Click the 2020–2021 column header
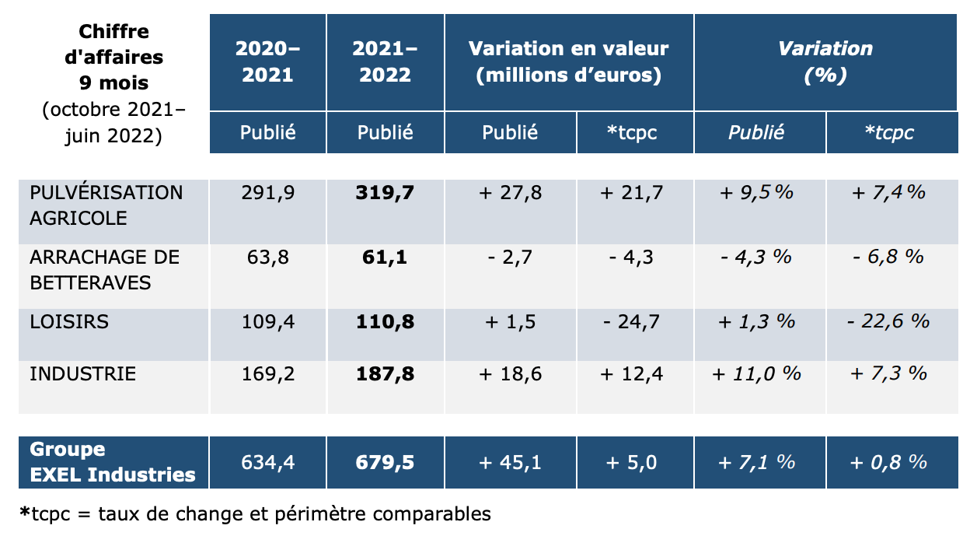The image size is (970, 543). [x=267, y=61]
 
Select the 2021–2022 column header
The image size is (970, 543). [x=385, y=61]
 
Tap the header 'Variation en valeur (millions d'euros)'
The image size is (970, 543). [x=569, y=61]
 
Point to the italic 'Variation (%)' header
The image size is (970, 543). [x=825, y=61]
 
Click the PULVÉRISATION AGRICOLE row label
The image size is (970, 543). [x=106, y=205]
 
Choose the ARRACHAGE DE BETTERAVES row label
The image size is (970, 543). [x=104, y=269]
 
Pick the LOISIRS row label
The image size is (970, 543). [x=69, y=322]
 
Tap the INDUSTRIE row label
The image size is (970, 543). [x=82, y=373]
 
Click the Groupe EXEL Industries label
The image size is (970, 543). [x=113, y=462]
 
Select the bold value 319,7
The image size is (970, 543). [x=385, y=193]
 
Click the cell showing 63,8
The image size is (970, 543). [x=267, y=257]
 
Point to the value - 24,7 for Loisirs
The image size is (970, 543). [x=631, y=322]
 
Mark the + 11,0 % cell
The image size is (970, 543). [x=756, y=373]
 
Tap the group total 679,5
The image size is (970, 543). [x=385, y=462]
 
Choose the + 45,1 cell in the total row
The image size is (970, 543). [x=510, y=462]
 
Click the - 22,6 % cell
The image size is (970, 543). [x=888, y=321]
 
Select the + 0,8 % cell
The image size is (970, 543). [x=888, y=462]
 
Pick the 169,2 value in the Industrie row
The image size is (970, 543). [x=267, y=373]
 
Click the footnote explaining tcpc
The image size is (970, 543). [x=256, y=514]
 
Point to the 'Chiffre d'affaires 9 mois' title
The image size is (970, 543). [x=114, y=57]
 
